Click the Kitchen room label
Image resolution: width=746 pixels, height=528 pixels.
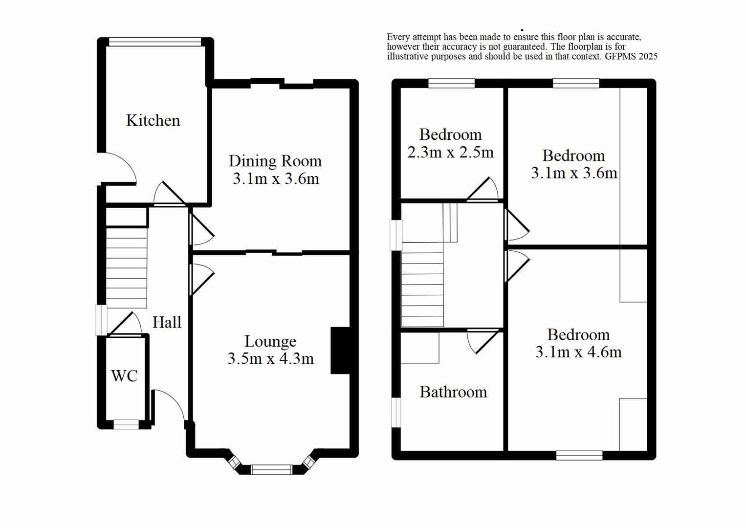(153, 120)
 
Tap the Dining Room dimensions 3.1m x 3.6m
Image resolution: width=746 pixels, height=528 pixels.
(276, 179)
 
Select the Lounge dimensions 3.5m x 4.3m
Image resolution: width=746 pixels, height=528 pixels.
(270, 359)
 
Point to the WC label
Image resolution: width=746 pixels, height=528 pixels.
(124, 376)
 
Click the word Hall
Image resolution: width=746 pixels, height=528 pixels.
(167, 323)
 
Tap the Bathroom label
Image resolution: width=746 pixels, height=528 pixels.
(453, 392)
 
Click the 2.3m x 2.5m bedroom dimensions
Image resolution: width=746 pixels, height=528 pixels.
(450, 153)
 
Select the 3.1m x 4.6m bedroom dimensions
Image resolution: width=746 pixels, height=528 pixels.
(578, 352)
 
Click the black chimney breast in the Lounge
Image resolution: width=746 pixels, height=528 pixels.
(340, 351)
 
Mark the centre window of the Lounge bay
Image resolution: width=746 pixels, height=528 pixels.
(271, 470)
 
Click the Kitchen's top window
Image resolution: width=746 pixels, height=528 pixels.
(155, 42)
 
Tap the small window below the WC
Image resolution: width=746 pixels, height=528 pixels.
(126, 424)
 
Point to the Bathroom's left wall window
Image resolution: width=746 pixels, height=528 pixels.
(396, 412)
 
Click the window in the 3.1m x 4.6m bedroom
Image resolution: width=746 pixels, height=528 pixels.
(579, 456)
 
